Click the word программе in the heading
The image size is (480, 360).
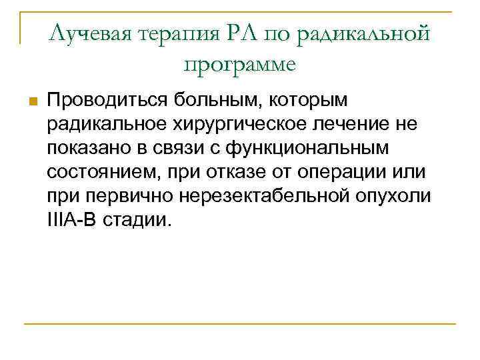click(x=240, y=65)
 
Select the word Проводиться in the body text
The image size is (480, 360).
click(x=107, y=101)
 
